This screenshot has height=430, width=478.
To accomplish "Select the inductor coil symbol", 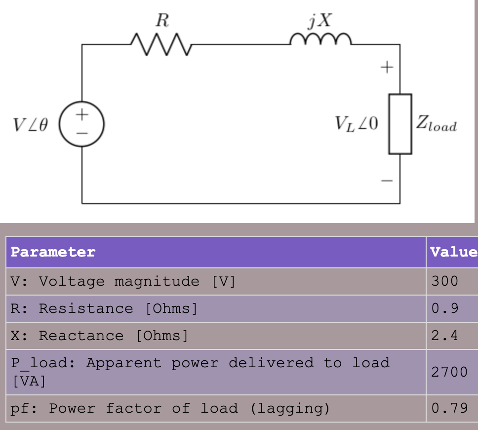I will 321,40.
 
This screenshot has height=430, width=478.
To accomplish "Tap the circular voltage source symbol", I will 82,124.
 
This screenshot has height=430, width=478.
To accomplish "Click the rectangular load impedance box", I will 400,124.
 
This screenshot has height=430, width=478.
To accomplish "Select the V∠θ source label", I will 31,125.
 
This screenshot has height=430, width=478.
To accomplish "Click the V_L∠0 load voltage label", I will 356,124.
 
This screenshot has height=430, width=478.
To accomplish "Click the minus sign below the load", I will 387,181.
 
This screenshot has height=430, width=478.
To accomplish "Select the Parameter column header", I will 53,252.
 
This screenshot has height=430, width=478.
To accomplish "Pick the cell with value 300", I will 444,281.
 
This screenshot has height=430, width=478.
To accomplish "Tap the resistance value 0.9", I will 444,308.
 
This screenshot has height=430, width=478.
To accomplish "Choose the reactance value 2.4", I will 444,336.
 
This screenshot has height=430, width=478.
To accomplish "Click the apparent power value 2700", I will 449,372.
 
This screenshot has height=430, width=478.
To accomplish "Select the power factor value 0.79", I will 449,408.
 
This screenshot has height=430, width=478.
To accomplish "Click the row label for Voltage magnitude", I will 123,281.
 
